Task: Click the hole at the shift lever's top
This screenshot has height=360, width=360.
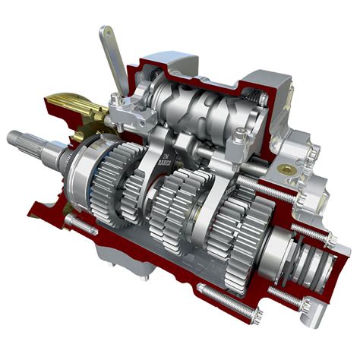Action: point(104,34)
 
